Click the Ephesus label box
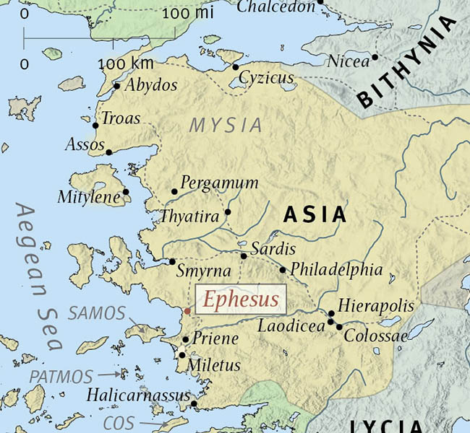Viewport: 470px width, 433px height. [240, 299]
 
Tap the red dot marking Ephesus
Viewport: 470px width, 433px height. [187, 312]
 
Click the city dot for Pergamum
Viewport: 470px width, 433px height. [174, 192]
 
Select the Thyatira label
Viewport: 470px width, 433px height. [189, 216]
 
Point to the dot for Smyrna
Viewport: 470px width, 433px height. [173, 261]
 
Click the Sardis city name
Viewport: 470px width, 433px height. [273, 249]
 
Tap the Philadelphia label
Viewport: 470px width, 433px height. [336, 271]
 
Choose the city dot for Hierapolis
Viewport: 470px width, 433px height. [331, 314]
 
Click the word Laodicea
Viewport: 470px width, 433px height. [291, 327]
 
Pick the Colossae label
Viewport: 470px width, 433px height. [372, 336]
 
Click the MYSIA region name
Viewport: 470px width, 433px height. [226, 125]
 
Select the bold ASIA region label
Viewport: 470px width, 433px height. [315, 215]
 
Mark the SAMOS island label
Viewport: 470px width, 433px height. [96, 314]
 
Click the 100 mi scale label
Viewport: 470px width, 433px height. [184, 14]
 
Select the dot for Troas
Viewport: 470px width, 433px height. [95, 126]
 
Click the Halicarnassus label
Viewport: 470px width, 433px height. [137, 395]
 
